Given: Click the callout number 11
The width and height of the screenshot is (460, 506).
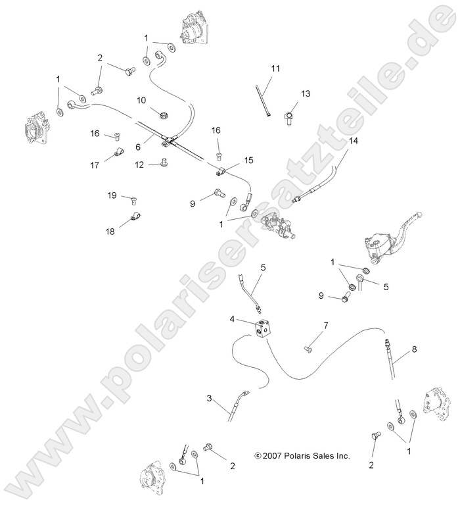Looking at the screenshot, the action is pyautogui.click(x=276, y=68).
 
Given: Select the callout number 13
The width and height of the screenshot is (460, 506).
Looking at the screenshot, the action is pyautogui.click(x=305, y=93).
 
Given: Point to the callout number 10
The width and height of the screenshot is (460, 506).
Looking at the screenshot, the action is pyautogui.click(x=141, y=100).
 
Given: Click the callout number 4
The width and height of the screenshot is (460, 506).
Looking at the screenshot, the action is pyautogui.click(x=233, y=319).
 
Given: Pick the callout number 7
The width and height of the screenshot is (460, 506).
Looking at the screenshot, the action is pyautogui.click(x=325, y=326).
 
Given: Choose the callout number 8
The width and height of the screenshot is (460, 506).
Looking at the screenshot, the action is pyautogui.click(x=414, y=351).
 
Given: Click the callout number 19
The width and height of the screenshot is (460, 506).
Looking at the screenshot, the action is pyautogui.click(x=112, y=195).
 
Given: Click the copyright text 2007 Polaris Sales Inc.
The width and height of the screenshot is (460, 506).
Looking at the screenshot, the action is pyautogui.click(x=302, y=455).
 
